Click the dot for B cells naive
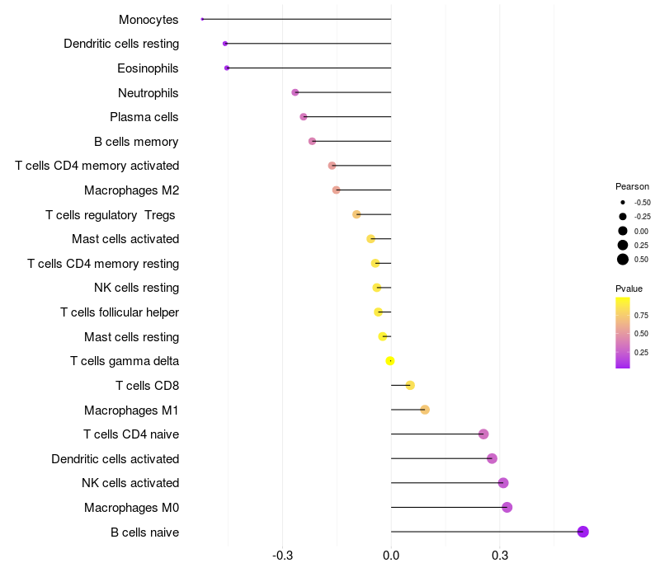tap(582, 532)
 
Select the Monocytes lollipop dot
tap(202, 19)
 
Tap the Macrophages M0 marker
tap(507, 507)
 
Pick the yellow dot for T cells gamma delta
tap(390, 360)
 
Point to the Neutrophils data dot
tap(295, 92)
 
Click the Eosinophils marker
tap(227, 68)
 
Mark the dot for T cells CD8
tap(410, 385)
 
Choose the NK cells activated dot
tap(503, 483)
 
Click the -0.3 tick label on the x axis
tap(282, 556)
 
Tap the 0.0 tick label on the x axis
tap(391, 556)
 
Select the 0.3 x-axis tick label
tap(499, 556)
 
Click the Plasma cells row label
tap(144, 117)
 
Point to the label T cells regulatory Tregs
tap(111, 215)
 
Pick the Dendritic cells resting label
tap(121, 44)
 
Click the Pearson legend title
tap(632, 186)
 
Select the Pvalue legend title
tap(629, 288)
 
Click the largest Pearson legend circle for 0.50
tap(623, 260)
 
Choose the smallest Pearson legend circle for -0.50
tap(623, 202)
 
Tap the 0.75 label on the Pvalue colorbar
tap(641, 315)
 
